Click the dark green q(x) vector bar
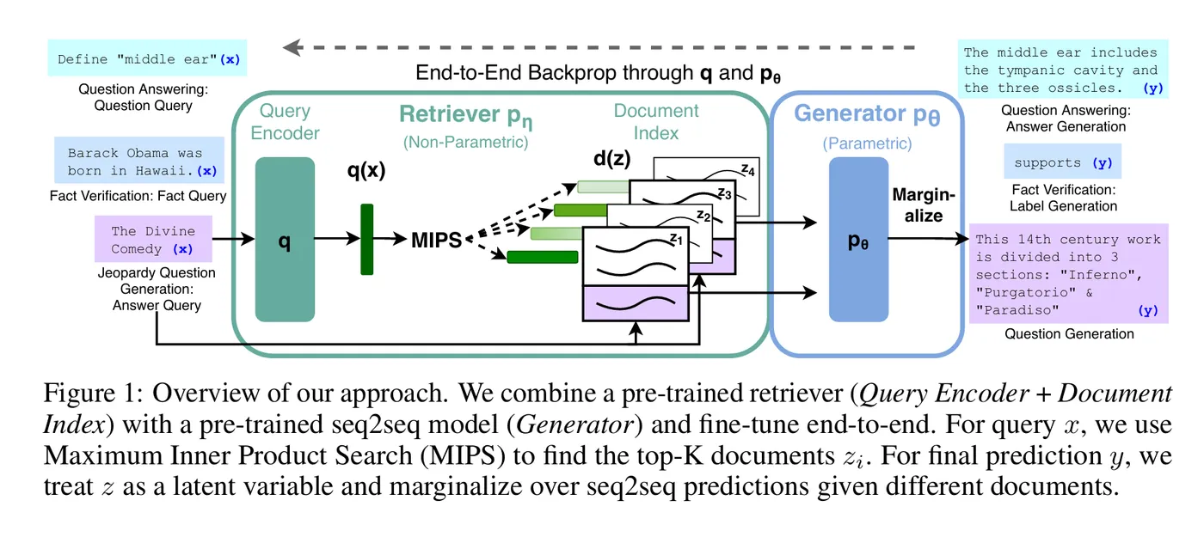coord(367,239)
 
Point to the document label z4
coord(748,170)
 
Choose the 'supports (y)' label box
coord(1062,162)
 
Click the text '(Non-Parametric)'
coord(465,142)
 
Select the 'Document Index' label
coord(656,122)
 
